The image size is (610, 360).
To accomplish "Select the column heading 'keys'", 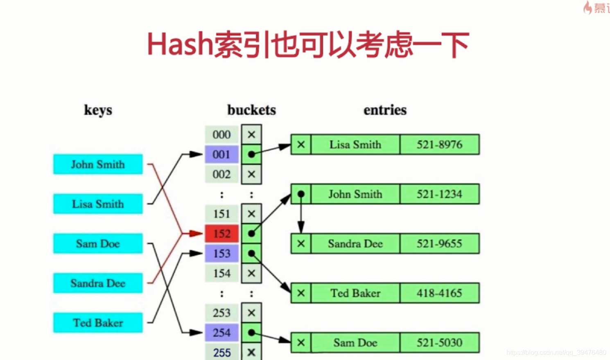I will tap(98, 110).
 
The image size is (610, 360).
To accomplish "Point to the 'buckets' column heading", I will tap(251, 110).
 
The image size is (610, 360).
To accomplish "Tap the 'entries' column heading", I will tap(385, 110).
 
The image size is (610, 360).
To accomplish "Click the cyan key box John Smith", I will tap(98, 164).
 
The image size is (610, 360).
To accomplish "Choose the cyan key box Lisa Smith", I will tap(98, 204).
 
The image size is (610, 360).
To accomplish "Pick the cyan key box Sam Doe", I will tap(98, 244).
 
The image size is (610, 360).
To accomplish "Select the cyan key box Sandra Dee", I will tap(98, 283).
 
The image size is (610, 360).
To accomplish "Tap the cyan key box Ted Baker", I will tap(98, 323).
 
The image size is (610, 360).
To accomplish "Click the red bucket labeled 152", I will tap(221, 233).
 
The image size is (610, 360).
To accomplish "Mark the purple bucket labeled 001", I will tap(221, 154).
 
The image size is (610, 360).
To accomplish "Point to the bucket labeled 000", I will tap(221, 135).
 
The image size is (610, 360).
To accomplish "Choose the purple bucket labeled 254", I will tap(221, 333).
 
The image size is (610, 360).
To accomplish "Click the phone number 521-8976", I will tap(439, 145).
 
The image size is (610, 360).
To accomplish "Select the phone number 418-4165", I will tap(439, 293).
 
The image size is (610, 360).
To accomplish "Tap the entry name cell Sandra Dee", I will tap(355, 244).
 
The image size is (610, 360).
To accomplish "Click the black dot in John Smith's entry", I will tap(301, 194).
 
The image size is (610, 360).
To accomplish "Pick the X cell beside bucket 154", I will tap(251, 273).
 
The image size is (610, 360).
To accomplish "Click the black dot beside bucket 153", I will tap(251, 254).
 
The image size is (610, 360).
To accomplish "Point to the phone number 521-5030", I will tap(439, 343).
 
